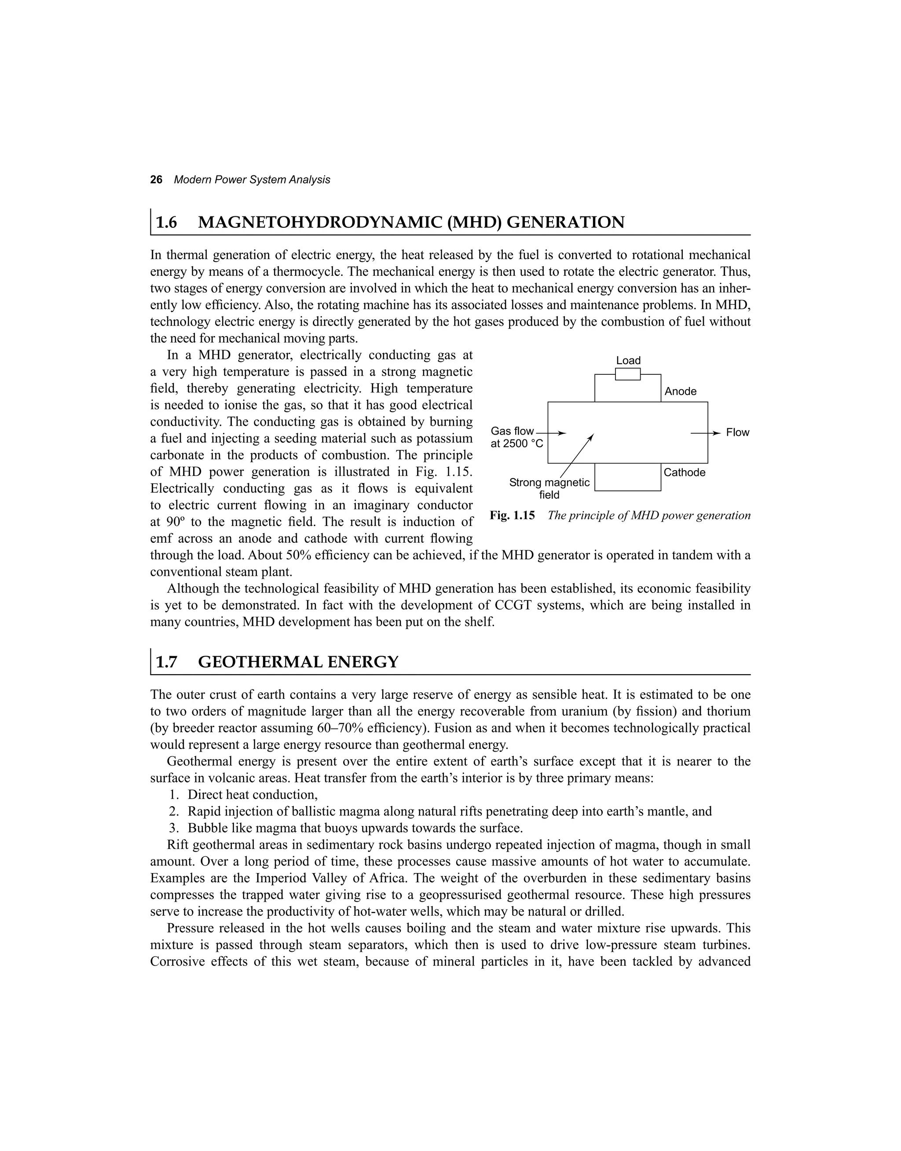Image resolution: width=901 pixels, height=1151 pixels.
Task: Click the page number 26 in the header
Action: [156, 180]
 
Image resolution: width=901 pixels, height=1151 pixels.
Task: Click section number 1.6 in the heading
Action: [167, 223]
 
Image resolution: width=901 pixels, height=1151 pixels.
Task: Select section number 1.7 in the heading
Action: [167, 662]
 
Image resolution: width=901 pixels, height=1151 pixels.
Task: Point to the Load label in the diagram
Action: [628, 361]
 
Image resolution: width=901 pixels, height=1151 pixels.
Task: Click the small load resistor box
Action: [628, 374]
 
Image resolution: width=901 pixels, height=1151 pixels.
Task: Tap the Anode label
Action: [681, 391]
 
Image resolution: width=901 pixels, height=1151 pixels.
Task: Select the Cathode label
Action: [684, 472]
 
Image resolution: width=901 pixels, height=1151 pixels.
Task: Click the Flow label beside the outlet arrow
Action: [737, 432]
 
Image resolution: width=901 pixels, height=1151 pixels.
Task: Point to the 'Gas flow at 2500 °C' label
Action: [516, 438]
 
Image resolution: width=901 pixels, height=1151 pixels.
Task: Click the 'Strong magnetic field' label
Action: [549, 489]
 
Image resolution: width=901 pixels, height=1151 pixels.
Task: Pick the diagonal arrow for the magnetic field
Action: [577, 456]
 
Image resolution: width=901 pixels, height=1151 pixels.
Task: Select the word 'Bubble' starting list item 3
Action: [207, 828]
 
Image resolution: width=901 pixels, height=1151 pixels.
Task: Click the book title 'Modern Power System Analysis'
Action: [252, 180]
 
